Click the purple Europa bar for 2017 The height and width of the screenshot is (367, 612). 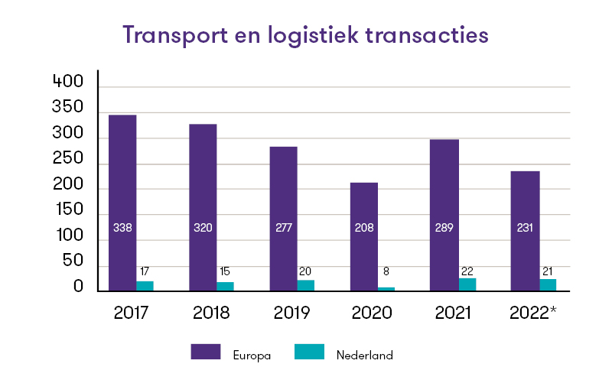pyautogui.click(x=122, y=203)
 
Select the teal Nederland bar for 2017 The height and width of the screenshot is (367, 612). pyautogui.click(x=145, y=286)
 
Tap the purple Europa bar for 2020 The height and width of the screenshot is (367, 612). pyautogui.click(x=364, y=236)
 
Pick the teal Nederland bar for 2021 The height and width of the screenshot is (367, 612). pyautogui.click(x=467, y=284)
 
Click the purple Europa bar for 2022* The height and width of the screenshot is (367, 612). pyautogui.click(x=526, y=230)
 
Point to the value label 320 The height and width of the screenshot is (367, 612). pyautogui.click(x=203, y=227)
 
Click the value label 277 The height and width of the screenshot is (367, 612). pyautogui.click(x=283, y=227)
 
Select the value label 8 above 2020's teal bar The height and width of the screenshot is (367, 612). pyautogui.click(x=386, y=271)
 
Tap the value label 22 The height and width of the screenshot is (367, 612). pyautogui.click(x=467, y=271)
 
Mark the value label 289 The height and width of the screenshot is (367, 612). pyautogui.click(x=444, y=227)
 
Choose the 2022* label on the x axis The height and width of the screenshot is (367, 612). pyautogui.click(x=530, y=313)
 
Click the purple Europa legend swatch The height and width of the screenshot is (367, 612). pyautogui.click(x=206, y=352)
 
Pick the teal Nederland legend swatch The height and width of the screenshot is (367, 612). pyautogui.click(x=309, y=352)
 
